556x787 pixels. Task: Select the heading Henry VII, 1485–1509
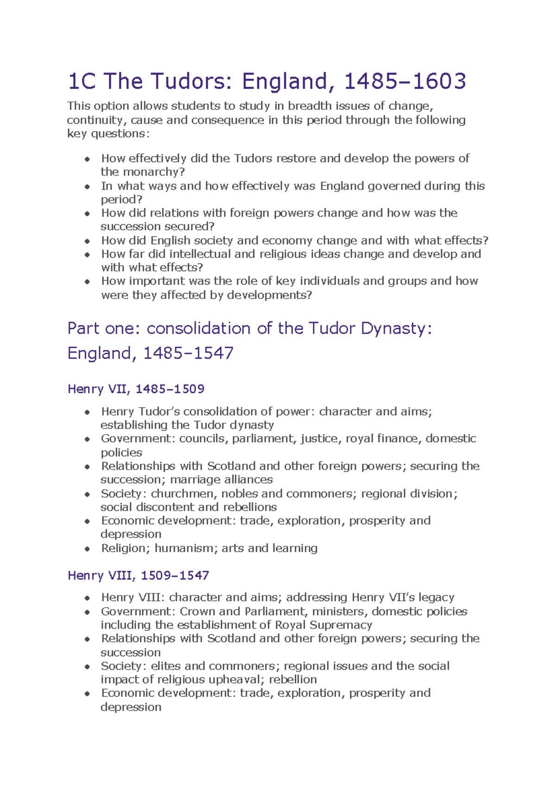pos(136,388)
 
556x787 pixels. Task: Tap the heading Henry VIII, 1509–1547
pos(138,575)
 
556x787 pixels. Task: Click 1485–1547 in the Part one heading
pos(188,353)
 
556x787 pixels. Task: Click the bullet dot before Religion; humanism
pos(87,549)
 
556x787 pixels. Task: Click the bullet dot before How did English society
pos(87,241)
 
